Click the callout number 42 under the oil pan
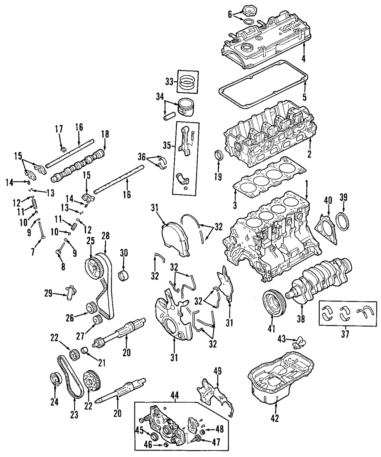pyautogui.click(x=275, y=418)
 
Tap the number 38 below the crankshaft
pyautogui.click(x=301, y=319)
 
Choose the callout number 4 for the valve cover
pyautogui.click(x=304, y=59)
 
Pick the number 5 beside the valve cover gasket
pyautogui.click(x=304, y=97)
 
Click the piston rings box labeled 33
pyautogui.click(x=188, y=82)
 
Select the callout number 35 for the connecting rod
pyautogui.click(x=167, y=145)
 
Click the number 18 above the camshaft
pyautogui.click(x=105, y=134)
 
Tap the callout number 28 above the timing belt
pyautogui.click(x=105, y=236)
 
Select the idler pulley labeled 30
pyautogui.click(x=123, y=275)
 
